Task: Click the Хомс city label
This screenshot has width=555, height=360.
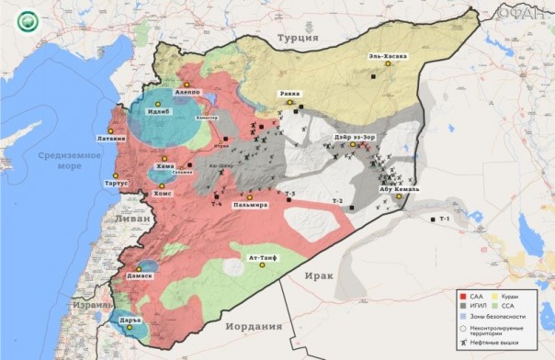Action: [x=162, y=194]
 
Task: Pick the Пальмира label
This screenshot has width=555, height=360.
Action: [x=250, y=204]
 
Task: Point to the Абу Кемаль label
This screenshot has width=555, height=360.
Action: [x=400, y=189]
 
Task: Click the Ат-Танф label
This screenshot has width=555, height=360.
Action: [x=263, y=259]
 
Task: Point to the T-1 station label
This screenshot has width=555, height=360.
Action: [x=445, y=219]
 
